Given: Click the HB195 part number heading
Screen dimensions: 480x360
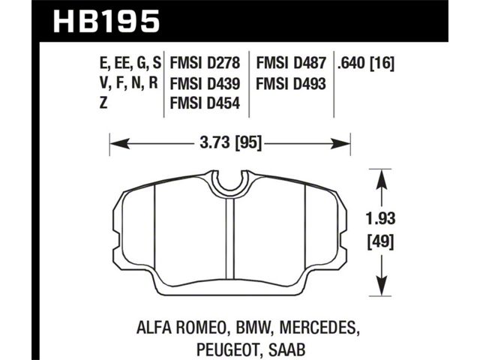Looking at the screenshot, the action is point(106,21).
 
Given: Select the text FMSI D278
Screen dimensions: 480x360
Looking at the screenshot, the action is point(205,63).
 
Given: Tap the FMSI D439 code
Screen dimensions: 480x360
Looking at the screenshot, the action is point(205,83).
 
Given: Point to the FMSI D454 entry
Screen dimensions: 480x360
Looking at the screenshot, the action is point(205,103).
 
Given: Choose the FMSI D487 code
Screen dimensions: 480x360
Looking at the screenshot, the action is point(291,63).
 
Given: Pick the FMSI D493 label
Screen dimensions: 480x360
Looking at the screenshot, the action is point(291,83).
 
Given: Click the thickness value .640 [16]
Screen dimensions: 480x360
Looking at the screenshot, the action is point(365,64).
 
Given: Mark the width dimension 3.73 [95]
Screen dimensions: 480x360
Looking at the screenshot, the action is point(230,142).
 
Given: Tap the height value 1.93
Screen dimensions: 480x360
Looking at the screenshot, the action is point(380,219).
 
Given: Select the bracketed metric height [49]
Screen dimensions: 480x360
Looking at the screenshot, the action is point(380,241).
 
